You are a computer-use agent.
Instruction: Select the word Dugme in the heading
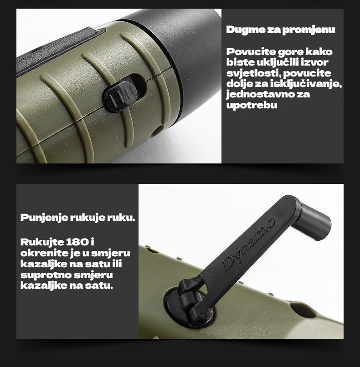245,30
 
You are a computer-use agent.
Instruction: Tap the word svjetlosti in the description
253,73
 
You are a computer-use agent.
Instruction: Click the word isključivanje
306,84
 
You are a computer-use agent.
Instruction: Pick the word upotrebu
252,105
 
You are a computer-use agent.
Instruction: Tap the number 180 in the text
77,242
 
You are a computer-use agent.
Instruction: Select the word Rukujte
42,242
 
